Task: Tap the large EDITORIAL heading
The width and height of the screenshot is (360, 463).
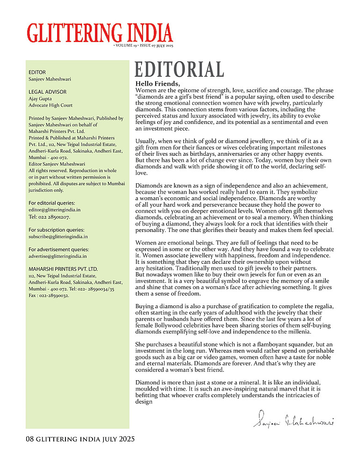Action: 179,70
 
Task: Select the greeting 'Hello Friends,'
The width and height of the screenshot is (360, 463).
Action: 157,84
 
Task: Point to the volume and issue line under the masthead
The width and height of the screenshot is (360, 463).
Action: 143,46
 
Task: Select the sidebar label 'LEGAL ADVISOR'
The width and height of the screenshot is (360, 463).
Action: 48,92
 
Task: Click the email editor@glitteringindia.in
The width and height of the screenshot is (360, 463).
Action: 54,210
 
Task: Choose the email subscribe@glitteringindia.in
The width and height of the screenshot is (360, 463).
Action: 58,237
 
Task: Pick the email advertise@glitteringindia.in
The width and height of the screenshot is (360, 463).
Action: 58,256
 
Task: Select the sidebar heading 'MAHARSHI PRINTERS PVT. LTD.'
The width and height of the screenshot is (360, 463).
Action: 63,269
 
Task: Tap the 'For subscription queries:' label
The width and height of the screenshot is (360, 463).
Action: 57,230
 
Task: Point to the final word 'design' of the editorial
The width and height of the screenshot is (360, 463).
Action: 144,401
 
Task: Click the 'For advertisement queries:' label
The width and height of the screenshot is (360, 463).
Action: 58,249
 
